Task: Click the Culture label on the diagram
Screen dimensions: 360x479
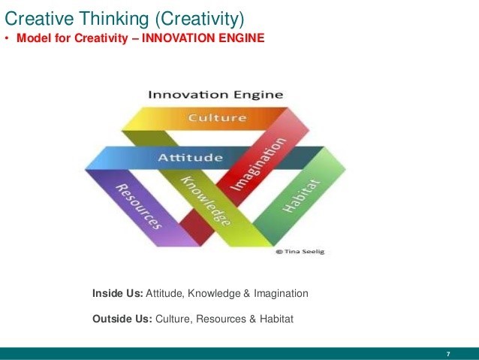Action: pos(217,118)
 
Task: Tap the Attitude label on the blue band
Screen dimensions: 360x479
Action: pos(191,158)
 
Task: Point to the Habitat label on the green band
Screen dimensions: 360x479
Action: pos(301,195)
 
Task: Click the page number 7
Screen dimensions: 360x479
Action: pos(447,353)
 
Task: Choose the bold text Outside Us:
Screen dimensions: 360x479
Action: pos(122,319)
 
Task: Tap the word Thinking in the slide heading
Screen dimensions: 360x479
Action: pos(112,15)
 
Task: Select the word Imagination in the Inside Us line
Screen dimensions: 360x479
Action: pos(281,292)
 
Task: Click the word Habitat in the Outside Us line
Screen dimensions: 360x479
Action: pos(275,319)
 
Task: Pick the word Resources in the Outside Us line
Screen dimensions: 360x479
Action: pos(219,319)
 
